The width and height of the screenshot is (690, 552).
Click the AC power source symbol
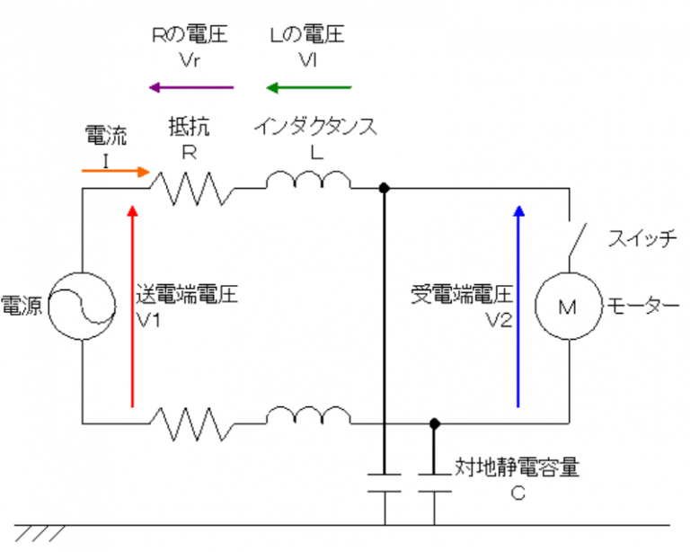82,306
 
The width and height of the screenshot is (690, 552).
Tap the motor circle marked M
568,307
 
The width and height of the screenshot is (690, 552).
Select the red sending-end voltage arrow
133,306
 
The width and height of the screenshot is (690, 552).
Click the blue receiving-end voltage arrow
517,306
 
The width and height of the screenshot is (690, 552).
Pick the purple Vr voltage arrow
190,87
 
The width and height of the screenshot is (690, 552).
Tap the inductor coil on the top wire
308,183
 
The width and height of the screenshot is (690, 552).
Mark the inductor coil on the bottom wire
308,416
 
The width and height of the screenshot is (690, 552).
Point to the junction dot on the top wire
385,189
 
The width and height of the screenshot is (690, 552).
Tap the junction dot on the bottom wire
435,422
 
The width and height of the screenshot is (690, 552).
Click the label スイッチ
641,240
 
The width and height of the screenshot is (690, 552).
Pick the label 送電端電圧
187,295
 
